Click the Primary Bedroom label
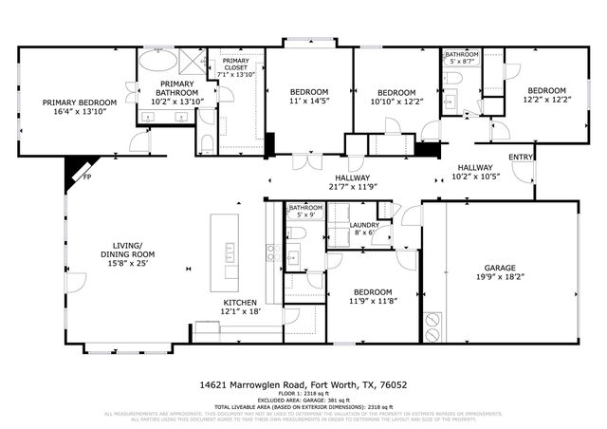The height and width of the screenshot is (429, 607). pyautogui.click(x=79, y=103)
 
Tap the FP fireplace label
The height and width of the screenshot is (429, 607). pyautogui.click(x=86, y=177)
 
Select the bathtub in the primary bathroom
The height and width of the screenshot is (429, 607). pyautogui.click(x=161, y=64)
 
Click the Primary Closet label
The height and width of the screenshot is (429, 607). pyautogui.click(x=236, y=67)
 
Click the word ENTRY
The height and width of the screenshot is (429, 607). pyautogui.click(x=521, y=158)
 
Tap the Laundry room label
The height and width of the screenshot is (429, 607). pyautogui.click(x=364, y=227)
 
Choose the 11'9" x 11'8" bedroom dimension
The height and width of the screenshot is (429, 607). pyautogui.click(x=373, y=302)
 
